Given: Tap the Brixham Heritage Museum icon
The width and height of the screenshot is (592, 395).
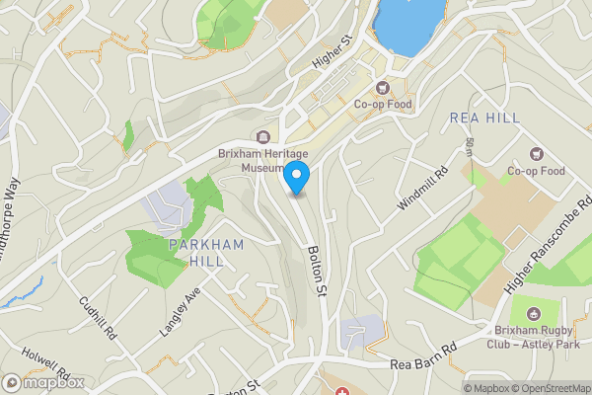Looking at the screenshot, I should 262,137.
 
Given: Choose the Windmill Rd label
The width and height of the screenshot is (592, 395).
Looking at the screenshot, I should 423,187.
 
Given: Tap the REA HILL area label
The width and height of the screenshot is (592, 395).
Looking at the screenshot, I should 484,118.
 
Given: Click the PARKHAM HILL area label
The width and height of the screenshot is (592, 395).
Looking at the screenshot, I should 194,252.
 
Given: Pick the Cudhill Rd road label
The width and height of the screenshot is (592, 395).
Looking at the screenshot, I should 99,318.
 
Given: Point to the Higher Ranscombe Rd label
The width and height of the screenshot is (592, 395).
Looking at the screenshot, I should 548,246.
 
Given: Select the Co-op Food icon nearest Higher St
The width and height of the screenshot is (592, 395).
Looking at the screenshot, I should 385,86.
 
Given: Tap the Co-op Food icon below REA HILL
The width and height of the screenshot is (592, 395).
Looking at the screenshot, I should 536,153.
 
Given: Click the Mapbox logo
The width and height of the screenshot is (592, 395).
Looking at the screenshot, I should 41,383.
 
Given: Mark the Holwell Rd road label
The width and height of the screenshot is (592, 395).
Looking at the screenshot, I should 49,365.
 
